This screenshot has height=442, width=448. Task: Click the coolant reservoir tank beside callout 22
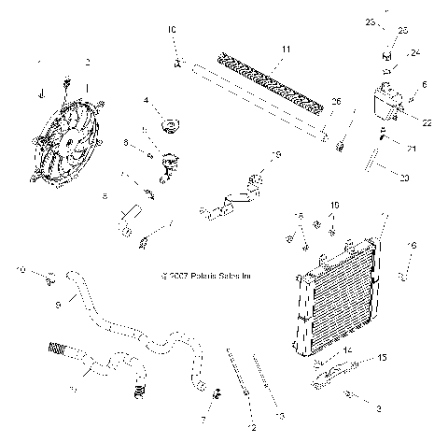[x=385, y=104]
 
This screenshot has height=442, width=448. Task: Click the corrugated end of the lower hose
[x=58, y=353]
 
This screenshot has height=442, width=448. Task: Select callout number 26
[x=336, y=101]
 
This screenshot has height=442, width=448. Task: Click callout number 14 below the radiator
[x=349, y=349]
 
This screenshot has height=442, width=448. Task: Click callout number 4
[x=146, y=99]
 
